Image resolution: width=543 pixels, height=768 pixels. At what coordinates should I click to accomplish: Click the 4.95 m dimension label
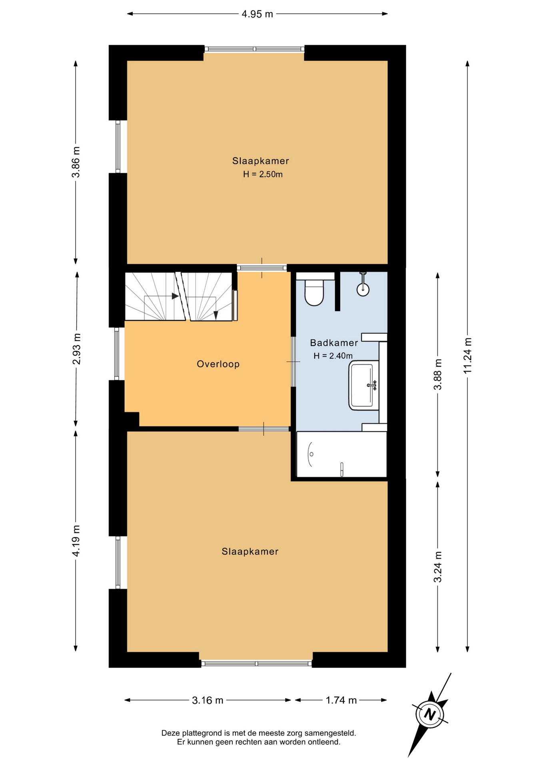(x=257, y=14)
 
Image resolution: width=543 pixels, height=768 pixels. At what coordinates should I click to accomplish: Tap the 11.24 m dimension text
(x=467, y=356)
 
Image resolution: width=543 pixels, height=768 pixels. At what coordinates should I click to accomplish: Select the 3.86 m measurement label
(x=76, y=162)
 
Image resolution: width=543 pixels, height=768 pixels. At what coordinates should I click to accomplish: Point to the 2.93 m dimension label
(x=76, y=349)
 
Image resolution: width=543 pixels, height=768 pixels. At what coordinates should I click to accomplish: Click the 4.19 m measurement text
(x=76, y=540)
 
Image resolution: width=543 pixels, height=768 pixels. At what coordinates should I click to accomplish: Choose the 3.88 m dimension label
(x=438, y=374)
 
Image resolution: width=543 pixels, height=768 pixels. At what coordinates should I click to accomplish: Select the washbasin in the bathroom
(x=364, y=385)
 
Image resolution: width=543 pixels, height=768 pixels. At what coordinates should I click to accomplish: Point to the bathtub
(x=341, y=454)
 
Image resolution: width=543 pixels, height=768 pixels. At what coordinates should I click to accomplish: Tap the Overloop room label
(x=218, y=364)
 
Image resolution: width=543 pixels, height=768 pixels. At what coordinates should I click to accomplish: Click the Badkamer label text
(x=334, y=343)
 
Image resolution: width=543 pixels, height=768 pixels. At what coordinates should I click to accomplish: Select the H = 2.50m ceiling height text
(x=263, y=174)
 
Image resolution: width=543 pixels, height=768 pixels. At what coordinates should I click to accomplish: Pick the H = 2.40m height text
(x=333, y=356)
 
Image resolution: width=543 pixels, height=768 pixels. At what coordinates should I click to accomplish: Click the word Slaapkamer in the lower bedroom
(x=250, y=552)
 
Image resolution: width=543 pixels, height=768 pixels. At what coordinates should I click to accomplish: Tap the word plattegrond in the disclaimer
(x=202, y=733)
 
